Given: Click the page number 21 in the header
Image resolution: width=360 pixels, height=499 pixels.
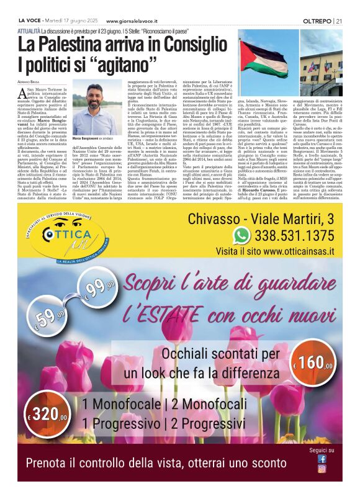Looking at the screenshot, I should point(339,20).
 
